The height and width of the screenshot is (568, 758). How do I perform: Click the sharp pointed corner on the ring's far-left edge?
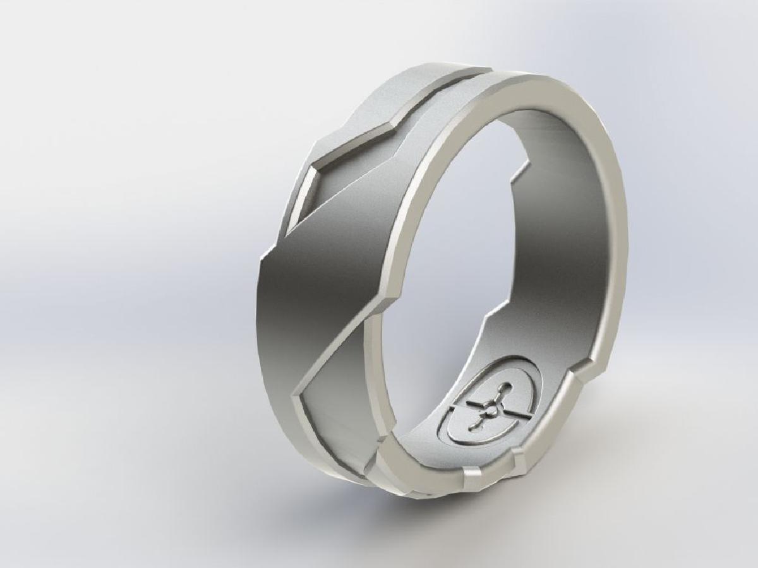[260, 260]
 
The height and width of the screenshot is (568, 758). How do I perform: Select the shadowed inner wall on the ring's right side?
[568, 240]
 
